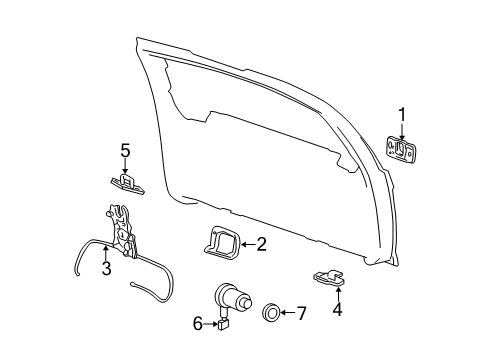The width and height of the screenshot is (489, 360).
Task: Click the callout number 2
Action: (x=261, y=243)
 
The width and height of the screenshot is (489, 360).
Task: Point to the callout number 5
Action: (x=126, y=151)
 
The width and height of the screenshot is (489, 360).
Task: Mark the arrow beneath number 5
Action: (x=126, y=167)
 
